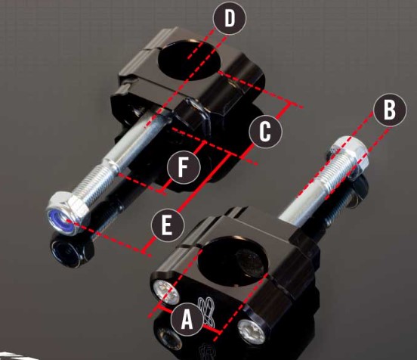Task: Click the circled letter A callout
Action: click(x=187, y=319)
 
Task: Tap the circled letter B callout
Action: click(x=390, y=110)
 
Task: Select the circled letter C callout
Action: click(x=265, y=132)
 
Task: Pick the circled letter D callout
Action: click(x=230, y=18)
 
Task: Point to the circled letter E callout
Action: click(x=168, y=225)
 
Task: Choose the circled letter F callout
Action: click(x=184, y=167)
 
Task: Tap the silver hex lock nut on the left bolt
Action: click(x=68, y=213)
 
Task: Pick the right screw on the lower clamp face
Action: click(x=252, y=331)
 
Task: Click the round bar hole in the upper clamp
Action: click(x=190, y=60)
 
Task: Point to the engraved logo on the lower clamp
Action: click(x=208, y=312)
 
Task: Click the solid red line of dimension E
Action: click(x=187, y=202)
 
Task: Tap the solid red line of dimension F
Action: click(x=183, y=167)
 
